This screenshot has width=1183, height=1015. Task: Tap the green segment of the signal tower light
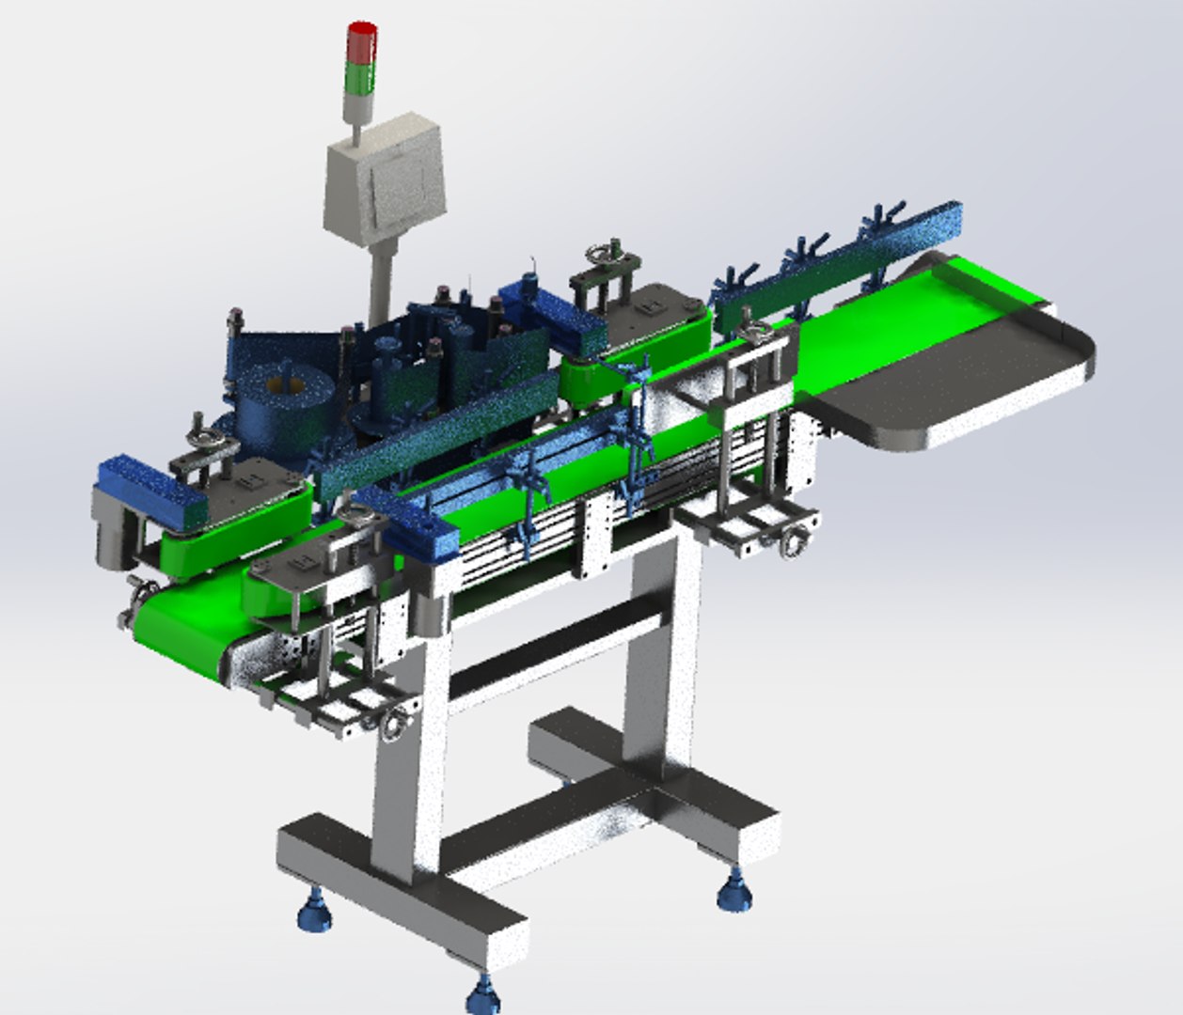362,77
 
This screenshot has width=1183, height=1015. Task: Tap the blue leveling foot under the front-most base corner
482,992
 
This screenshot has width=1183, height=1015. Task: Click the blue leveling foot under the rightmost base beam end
733,888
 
